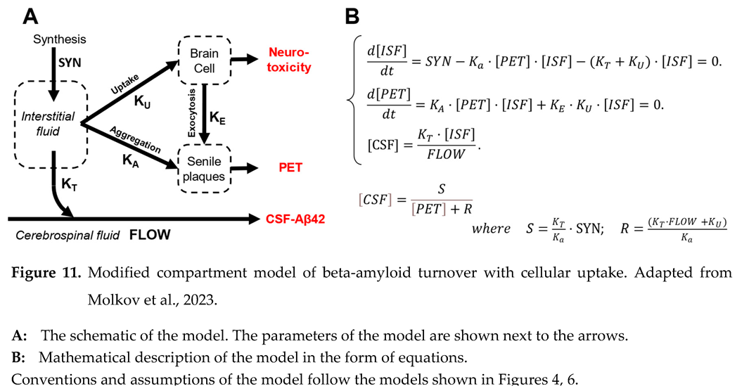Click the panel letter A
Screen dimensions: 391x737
[x=30, y=14]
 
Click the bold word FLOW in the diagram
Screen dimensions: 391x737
[x=150, y=235]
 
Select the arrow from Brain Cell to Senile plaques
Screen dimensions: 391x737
[x=203, y=117]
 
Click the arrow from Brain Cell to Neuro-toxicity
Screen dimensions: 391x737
[x=244, y=60]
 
